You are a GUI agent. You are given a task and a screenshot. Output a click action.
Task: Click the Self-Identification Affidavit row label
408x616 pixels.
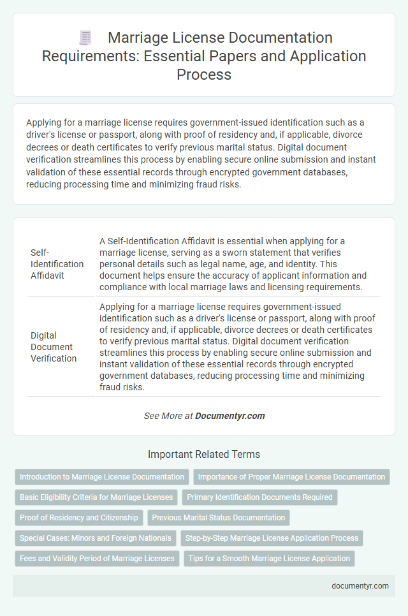pos(57,263)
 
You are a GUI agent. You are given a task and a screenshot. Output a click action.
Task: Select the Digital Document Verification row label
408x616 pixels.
pos(54,346)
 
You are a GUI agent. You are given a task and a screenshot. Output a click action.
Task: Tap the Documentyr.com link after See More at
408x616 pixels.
pos(230,416)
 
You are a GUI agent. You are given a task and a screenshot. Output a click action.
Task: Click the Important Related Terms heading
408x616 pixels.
pos(203,454)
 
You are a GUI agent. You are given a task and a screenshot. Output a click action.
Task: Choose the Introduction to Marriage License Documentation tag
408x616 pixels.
pos(102,477)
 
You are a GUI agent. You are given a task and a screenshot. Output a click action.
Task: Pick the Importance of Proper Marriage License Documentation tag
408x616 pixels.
pos(291,477)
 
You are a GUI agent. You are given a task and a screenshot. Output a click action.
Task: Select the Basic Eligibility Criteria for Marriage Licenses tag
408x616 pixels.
pos(96,497)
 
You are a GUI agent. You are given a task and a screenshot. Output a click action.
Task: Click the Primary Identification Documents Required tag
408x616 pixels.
pos(259,497)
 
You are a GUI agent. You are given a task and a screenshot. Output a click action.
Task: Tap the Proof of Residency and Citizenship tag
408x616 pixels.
pos(79,518)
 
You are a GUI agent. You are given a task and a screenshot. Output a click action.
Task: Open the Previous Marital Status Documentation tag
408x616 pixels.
pos(219,518)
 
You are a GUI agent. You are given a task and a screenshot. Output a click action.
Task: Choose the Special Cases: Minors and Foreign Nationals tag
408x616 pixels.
pos(95,538)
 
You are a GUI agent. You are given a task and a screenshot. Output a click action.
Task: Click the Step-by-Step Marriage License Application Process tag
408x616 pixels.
pos(272,538)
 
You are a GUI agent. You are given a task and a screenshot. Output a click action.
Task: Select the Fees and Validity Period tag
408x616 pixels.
pos(96,559)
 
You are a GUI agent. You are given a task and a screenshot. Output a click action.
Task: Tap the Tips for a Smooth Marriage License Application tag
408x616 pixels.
pos(270,559)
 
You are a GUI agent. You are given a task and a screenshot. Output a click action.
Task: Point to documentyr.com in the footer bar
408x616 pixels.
pos(361,586)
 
